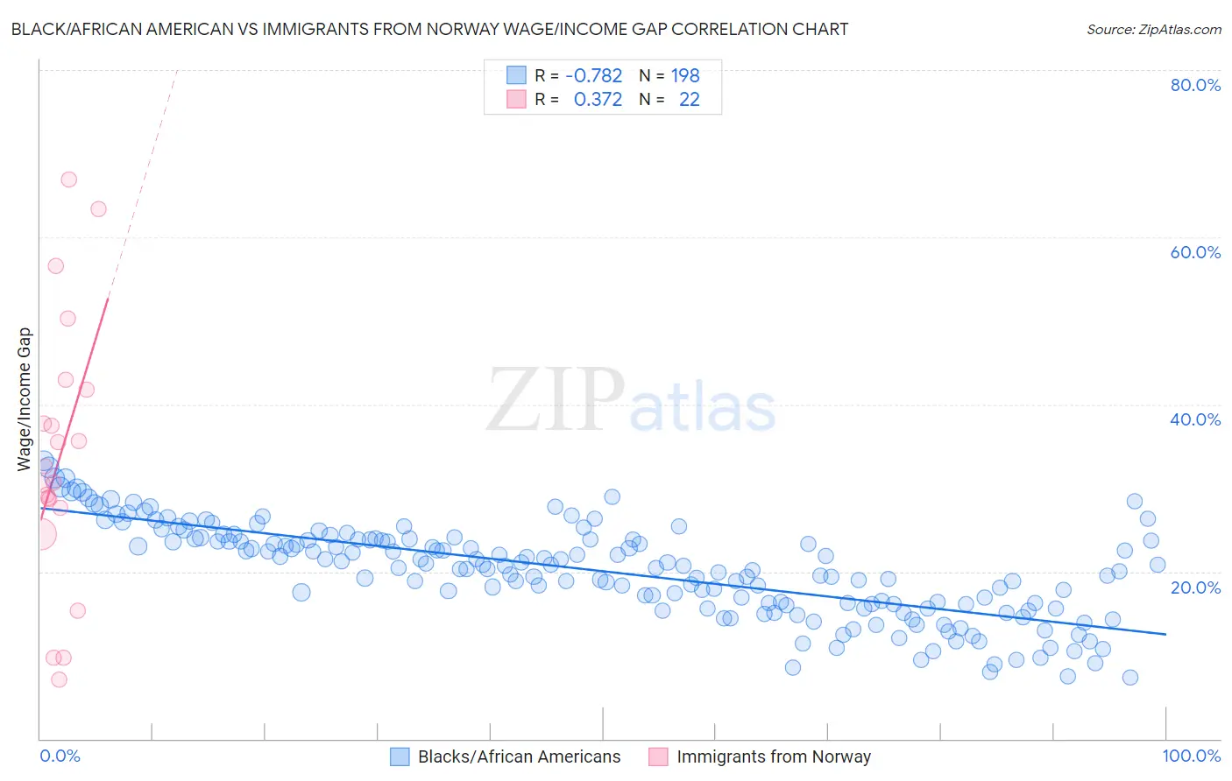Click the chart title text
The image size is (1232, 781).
[x=429, y=29]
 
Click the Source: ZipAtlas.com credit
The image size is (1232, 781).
[x=1153, y=29]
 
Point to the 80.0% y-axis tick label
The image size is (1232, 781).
[x=1195, y=85]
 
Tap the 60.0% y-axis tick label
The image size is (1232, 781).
[x=1195, y=252]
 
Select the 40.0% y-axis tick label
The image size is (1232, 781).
[x=1195, y=419]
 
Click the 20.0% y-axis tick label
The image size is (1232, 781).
[x=1195, y=588]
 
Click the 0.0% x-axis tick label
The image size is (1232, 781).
[x=60, y=756]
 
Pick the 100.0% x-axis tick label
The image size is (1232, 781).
[x=1192, y=756]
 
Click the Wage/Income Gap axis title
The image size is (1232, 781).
[x=25, y=399]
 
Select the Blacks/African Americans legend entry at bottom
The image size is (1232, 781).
[x=518, y=756]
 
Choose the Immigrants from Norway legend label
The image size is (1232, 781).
[x=773, y=756]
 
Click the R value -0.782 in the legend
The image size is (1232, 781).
[x=594, y=75]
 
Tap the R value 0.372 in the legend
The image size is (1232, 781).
[x=598, y=100]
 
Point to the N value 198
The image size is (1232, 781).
[x=685, y=75]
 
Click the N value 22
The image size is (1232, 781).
[x=690, y=100]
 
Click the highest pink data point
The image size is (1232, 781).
[x=68, y=179]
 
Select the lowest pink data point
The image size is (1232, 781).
[x=59, y=679]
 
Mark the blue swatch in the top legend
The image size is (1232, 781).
[x=517, y=75]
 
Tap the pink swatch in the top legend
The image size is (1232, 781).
[x=517, y=100]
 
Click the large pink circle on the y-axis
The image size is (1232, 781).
[x=40, y=534]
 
